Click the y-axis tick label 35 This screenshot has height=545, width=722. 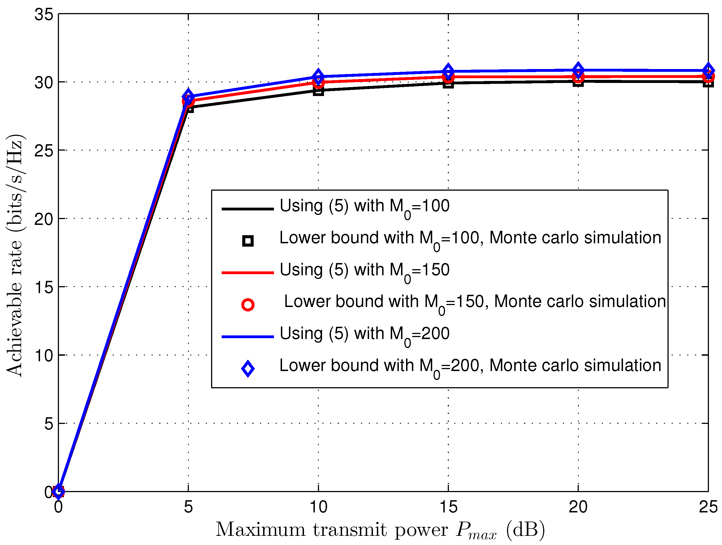pos(44,15)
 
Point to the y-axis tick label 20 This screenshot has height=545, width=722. pos(44,219)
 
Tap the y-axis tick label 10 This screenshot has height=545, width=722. pos(44,355)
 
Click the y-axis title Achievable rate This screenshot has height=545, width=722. pos(15,255)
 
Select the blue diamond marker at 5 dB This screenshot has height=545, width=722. pos(188,96)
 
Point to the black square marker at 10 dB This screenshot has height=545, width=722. pos(318,91)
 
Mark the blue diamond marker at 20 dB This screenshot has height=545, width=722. pos(578,70)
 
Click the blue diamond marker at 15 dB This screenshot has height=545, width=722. pos(448,71)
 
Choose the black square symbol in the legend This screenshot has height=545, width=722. pos(248,241)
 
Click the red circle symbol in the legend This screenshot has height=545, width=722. pos(248,305)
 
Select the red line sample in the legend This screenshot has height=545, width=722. pos(248,272)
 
